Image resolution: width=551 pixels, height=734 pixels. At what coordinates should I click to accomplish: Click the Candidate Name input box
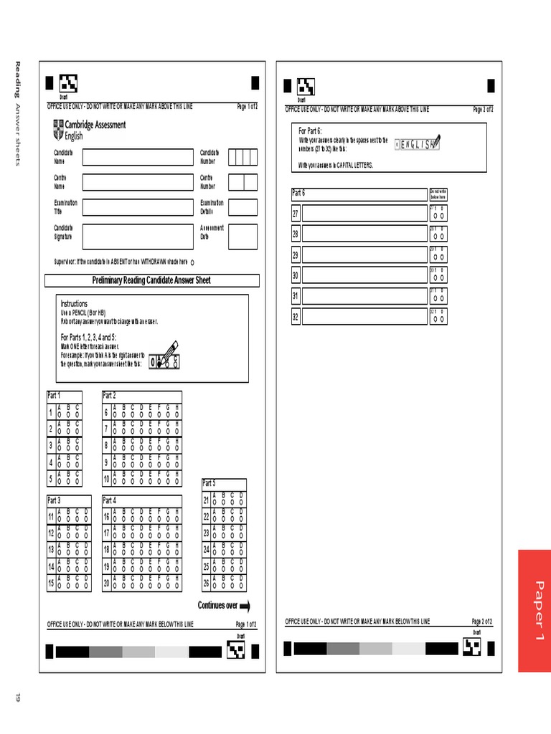coord(137,158)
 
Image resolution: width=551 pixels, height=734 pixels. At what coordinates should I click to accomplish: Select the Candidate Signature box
coord(137,236)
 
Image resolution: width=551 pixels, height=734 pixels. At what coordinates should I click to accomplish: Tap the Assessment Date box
coord(242,236)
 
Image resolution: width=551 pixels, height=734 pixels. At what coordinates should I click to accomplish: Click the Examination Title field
coord(137,207)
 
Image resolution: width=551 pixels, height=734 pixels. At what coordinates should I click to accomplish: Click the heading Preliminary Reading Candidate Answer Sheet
coord(151,280)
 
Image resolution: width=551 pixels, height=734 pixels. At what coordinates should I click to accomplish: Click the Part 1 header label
coord(55,396)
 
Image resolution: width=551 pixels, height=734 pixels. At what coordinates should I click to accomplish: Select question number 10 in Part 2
coord(106,479)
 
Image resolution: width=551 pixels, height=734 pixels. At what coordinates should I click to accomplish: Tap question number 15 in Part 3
coord(51,583)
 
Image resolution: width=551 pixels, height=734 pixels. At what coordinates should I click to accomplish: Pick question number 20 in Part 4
coord(106,583)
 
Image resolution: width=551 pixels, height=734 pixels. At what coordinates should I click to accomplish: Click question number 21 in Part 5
coord(206,500)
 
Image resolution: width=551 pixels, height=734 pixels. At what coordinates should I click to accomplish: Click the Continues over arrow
coord(245,606)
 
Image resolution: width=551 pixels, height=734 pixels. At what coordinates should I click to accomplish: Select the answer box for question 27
coord(364,214)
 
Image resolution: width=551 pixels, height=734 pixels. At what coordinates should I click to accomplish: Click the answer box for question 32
coord(364,316)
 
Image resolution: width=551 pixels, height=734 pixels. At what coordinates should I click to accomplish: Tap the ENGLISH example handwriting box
coord(417,145)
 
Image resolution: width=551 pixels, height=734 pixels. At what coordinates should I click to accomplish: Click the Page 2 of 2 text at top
coord(482,110)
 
